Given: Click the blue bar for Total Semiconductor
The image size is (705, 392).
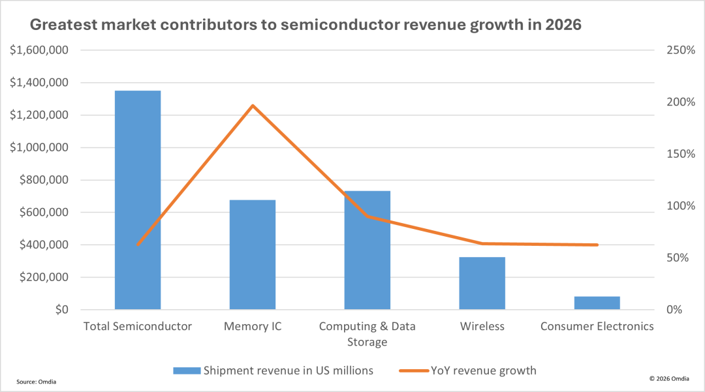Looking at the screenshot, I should (138, 200).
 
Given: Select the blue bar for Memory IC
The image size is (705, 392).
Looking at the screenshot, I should (253, 254).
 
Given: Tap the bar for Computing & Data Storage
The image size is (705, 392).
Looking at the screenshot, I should (368, 250).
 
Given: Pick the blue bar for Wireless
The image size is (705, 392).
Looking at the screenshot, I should (482, 283).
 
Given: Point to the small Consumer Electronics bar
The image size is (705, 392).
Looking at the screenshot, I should (597, 303).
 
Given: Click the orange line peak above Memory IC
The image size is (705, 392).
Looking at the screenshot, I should (253, 105).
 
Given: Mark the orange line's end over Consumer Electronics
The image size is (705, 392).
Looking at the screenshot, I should (597, 245).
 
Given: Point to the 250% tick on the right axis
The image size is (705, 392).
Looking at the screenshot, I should (680, 50).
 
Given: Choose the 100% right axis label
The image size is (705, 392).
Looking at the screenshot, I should (680, 206).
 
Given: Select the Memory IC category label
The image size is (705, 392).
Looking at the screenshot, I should (253, 326).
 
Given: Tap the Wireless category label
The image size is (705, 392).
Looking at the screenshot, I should (482, 326).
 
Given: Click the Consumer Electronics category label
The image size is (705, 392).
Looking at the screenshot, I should (597, 326).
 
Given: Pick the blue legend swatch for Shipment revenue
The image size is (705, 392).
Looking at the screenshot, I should (186, 370).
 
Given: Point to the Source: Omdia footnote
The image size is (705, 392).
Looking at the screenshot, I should (37, 381).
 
